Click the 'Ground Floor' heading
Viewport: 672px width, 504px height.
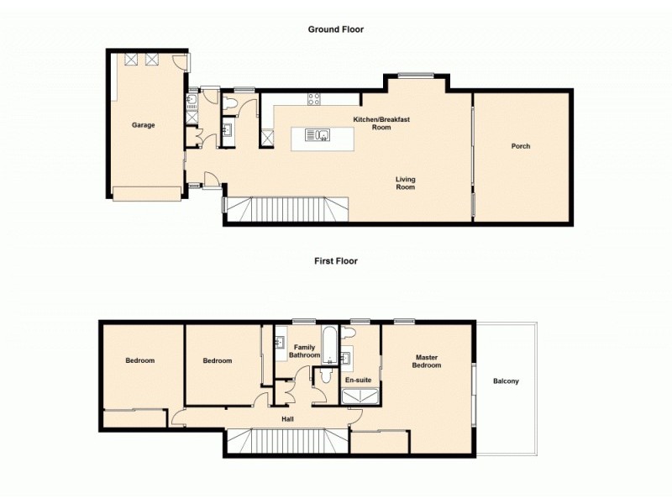pos(335,29)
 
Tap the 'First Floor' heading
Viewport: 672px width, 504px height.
pos(336,261)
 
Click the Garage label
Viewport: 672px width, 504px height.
pos(144,125)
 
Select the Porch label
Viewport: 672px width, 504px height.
pos(521,146)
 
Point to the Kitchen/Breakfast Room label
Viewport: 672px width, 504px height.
pos(381,123)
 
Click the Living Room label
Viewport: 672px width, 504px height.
pos(406,183)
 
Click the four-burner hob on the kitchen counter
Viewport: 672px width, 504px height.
pos(314,98)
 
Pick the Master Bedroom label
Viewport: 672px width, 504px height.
pos(426,361)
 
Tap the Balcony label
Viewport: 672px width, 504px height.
pos(506,381)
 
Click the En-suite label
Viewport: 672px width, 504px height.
pos(358,380)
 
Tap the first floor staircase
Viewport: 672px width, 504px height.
pos(287,439)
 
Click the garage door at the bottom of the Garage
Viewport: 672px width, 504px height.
pos(147,194)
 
